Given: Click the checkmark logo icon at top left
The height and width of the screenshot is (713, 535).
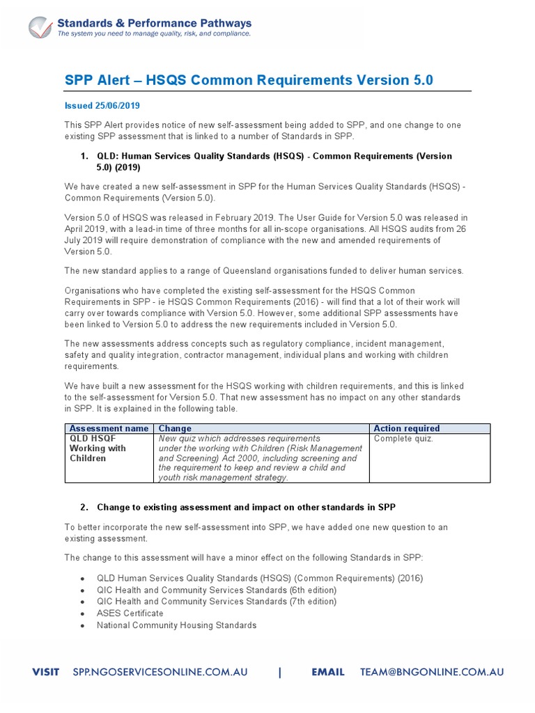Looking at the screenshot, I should [x=40, y=27].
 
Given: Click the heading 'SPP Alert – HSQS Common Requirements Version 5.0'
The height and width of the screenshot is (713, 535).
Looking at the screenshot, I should [x=249, y=80].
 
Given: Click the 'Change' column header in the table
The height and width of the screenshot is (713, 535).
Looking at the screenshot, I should [x=175, y=428].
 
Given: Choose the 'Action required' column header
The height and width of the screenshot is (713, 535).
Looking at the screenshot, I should [x=407, y=428].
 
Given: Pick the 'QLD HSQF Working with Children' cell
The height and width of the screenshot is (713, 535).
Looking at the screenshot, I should [x=98, y=448].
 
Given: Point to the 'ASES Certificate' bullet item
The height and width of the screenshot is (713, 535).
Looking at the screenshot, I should [x=130, y=613].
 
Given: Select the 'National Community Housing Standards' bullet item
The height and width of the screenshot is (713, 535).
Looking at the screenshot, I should [x=176, y=625].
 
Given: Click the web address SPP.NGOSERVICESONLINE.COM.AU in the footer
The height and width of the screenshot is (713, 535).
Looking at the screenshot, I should [x=160, y=673].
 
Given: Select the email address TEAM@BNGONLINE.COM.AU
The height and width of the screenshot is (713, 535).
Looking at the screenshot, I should [x=431, y=673].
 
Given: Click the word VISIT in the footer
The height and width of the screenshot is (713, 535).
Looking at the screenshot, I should [x=48, y=673].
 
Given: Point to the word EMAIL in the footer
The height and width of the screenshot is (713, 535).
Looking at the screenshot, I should [x=327, y=673].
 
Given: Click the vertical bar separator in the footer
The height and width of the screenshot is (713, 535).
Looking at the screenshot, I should [x=280, y=673].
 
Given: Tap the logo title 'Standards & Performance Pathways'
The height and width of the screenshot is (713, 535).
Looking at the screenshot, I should [x=154, y=23].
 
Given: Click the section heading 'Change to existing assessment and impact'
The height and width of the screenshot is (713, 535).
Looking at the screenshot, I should [x=246, y=508].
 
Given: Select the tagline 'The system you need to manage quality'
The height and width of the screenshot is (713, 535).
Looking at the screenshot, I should [x=154, y=33].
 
